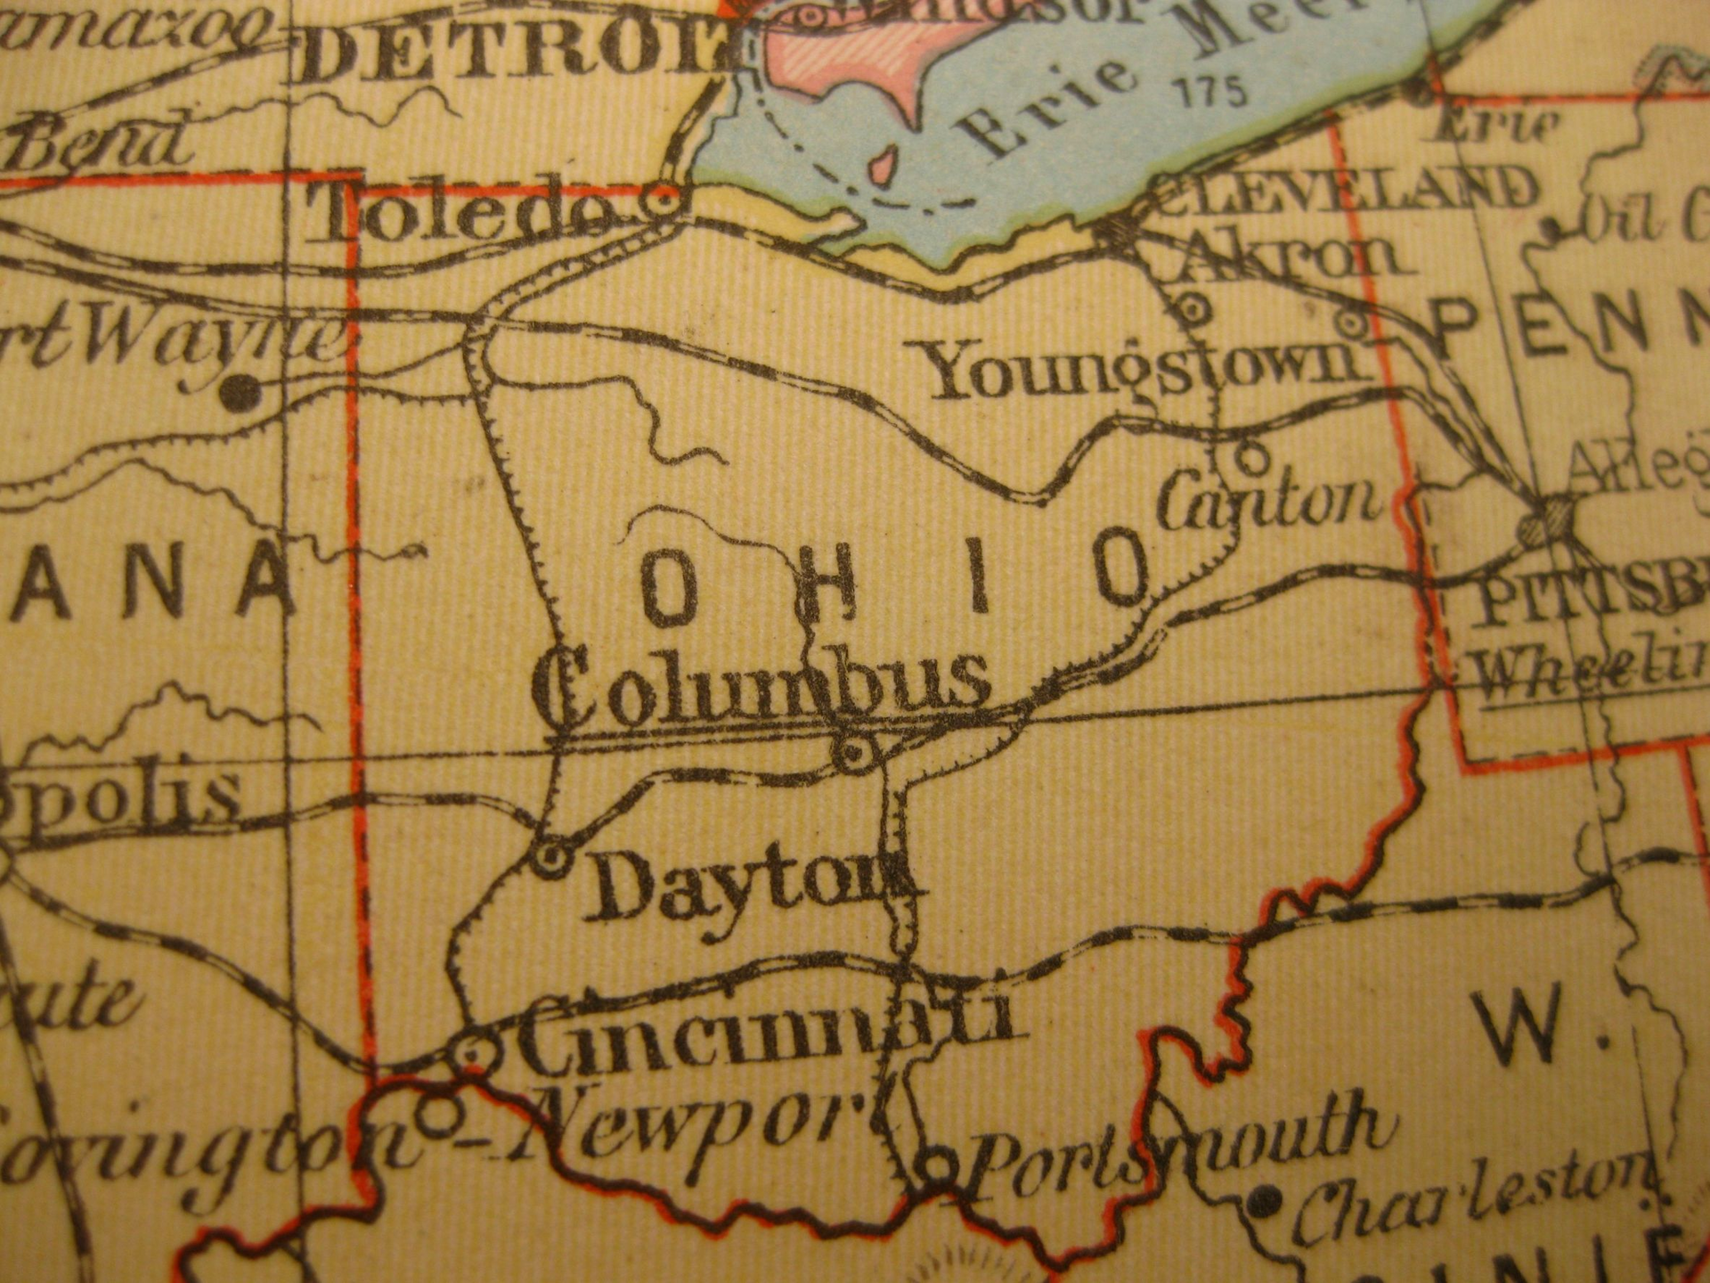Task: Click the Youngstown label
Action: pos(1144,370)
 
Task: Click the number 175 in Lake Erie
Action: pos(1212,92)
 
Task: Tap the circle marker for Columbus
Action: pos(854,754)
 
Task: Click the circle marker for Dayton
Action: pos(550,858)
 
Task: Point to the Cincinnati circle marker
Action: pos(473,1054)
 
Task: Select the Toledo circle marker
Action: pos(663,201)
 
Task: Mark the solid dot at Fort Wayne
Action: pos(239,392)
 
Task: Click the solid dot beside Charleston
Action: pos(1263,1201)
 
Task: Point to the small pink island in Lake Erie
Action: pos(882,166)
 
